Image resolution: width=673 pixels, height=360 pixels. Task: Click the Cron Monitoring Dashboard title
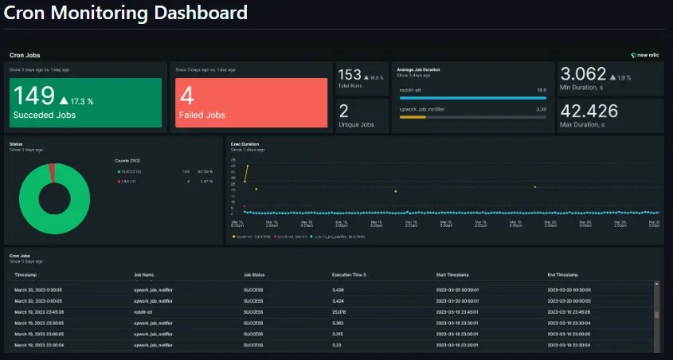pyautogui.click(x=126, y=14)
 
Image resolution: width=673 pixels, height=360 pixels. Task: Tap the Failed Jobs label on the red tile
pyautogui.click(x=202, y=115)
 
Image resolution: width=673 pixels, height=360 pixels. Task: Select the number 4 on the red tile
pyautogui.click(x=187, y=96)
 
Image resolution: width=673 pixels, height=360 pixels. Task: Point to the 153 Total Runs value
pyautogui.click(x=350, y=75)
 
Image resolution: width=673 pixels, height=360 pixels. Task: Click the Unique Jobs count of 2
pyautogui.click(x=344, y=111)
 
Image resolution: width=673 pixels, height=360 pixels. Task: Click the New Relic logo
pyautogui.click(x=646, y=55)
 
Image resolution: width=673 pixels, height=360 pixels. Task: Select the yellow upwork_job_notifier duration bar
pyautogui.click(x=413, y=117)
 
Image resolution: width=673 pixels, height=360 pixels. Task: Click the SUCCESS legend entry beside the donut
pyautogui.click(x=131, y=170)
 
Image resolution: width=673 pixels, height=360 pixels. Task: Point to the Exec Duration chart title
pyautogui.click(x=245, y=144)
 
